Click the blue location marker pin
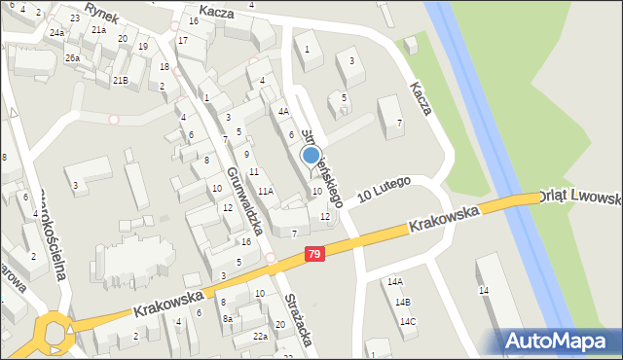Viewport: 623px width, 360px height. pos(311,155)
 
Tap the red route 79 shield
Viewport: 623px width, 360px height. pos(313,254)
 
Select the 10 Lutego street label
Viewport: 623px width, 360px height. pos(384,189)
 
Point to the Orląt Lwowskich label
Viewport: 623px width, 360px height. pos(584,198)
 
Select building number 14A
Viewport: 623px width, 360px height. pos(394,282)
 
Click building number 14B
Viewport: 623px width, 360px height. pos(402,303)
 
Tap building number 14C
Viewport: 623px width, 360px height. pos(407,322)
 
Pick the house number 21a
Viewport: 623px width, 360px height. pos(98,30)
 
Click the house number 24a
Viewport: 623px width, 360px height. pos(57,33)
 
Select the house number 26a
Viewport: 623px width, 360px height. pos(72,58)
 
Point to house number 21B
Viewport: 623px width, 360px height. pos(120,81)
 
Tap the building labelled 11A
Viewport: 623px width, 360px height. pos(265,192)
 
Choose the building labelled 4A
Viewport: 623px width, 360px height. pos(283,112)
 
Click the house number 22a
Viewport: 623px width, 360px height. pos(260,337)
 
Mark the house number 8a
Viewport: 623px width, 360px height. pos(228,319)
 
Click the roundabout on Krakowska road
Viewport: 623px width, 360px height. pos(54,333)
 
